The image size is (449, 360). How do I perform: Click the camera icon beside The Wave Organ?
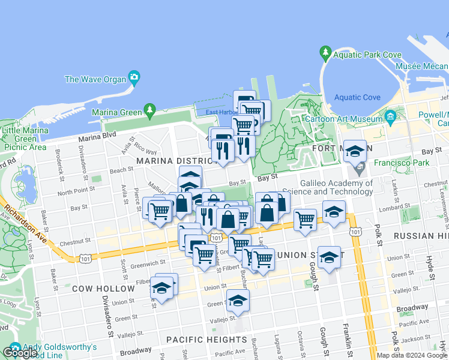coord(134,78)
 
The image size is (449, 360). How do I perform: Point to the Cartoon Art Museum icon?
coord(390,116)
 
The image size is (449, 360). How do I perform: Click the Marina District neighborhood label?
coord(170,161)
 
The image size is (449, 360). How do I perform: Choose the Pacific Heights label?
coord(197,340)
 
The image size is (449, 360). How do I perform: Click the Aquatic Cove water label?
coord(357,97)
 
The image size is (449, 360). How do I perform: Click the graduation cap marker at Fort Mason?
coord(355,151)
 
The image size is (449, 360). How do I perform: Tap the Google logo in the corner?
coord(20,353)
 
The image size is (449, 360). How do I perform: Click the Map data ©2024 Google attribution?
coord(412,355)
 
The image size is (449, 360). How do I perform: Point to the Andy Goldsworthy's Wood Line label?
coord(60,351)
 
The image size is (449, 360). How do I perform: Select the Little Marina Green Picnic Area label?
coord(25,139)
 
